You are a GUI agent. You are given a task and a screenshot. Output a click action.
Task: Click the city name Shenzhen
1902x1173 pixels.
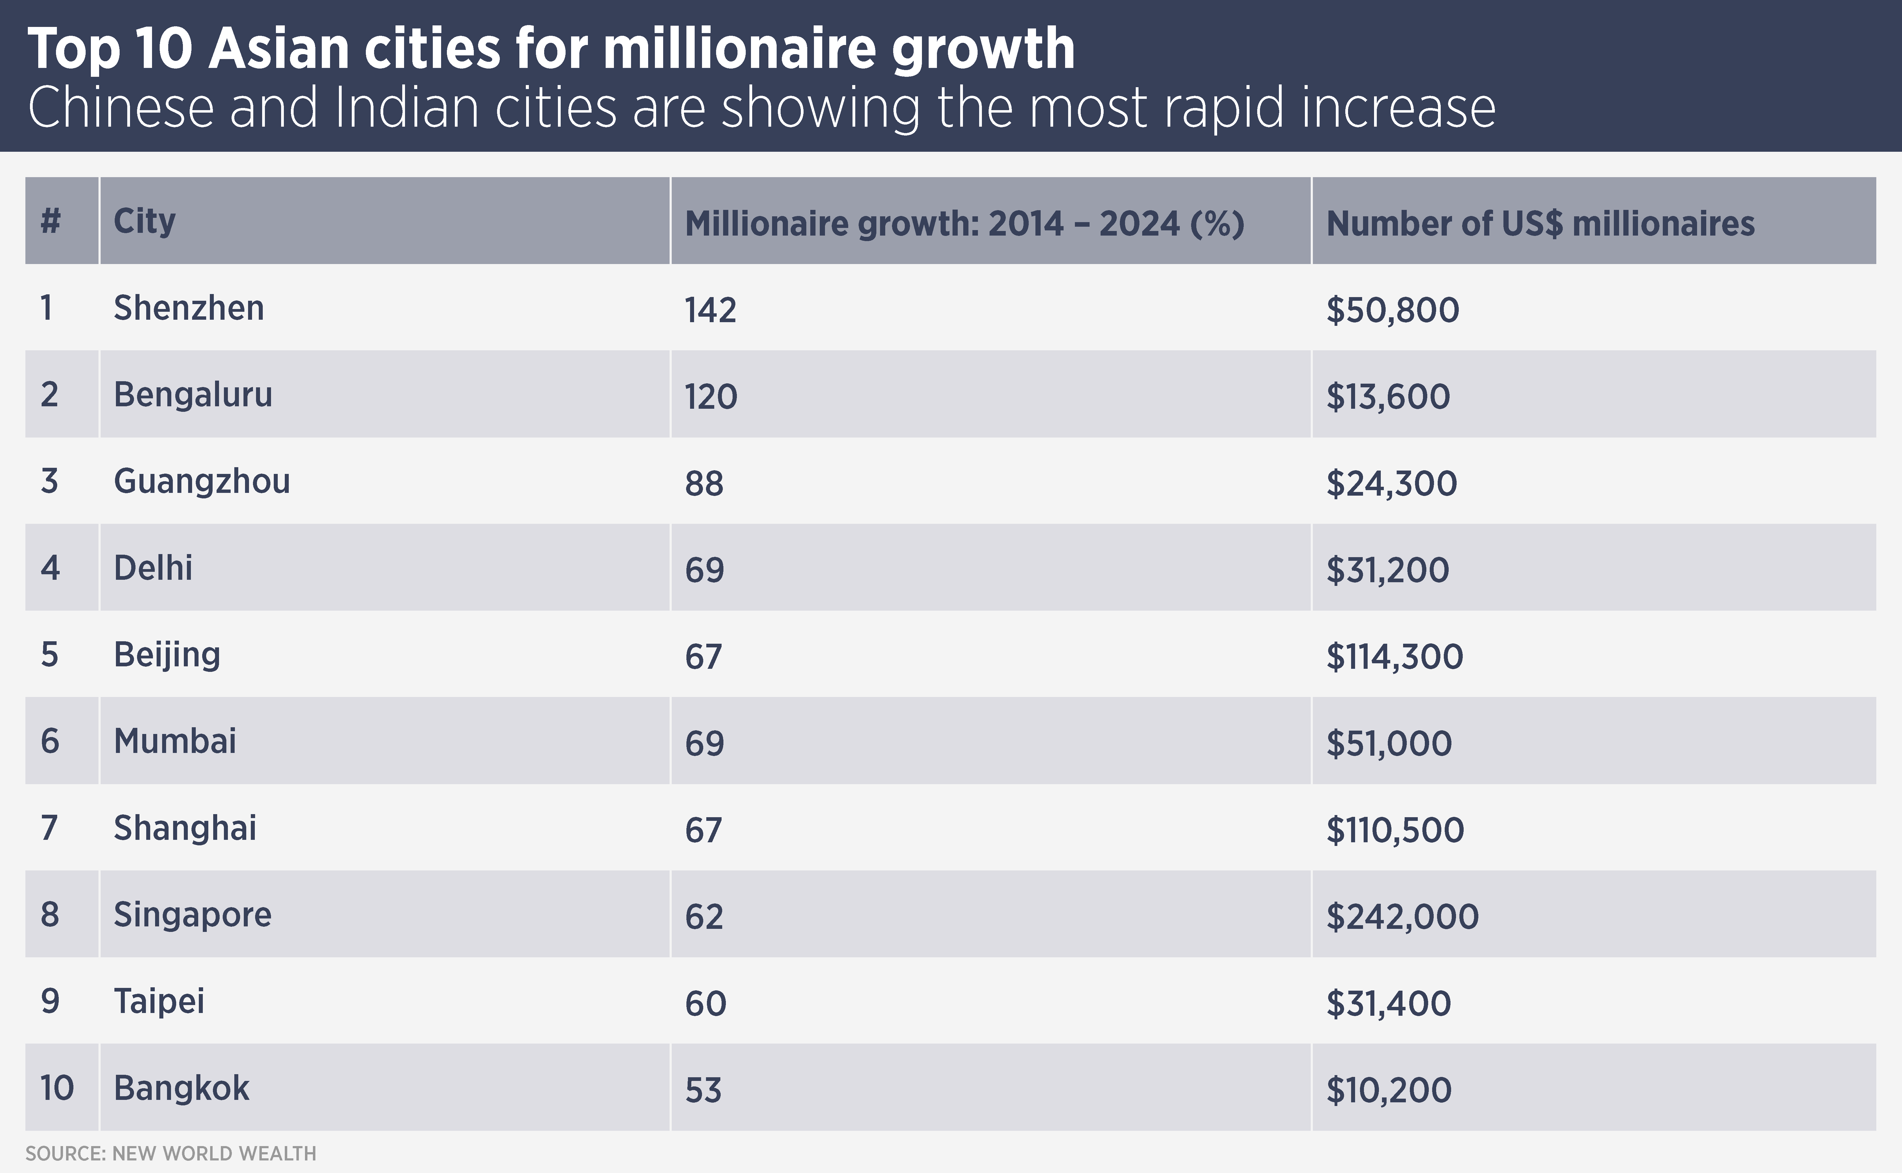pyautogui.click(x=188, y=308)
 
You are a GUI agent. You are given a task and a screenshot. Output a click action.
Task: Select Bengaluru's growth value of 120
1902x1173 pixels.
pyautogui.click(x=711, y=397)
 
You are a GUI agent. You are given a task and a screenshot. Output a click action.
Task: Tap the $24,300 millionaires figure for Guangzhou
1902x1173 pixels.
pyautogui.click(x=1391, y=483)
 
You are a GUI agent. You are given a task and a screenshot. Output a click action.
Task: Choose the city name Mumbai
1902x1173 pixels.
pyautogui.click(x=175, y=741)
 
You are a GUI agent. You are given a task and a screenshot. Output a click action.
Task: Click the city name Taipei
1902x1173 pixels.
pyautogui.click(x=159, y=1001)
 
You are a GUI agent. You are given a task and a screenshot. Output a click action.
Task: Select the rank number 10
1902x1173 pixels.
pyautogui.click(x=57, y=1088)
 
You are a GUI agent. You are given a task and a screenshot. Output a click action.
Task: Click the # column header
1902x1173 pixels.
pyautogui.click(x=50, y=222)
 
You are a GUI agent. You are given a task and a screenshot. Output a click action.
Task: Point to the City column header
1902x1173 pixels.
pyautogui.click(x=144, y=222)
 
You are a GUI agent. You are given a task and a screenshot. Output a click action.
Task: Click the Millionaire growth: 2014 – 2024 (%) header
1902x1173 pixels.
pyautogui.click(x=964, y=224)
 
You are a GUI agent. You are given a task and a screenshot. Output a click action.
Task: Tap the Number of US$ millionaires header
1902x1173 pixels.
pyautogui.click(x=1540, y=224)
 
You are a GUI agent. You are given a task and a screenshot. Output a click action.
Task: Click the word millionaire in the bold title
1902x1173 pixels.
pyautogui.click(x=740, y=49)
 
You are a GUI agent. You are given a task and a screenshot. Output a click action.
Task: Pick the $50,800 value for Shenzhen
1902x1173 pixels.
pyautogui.click(x=1392, y=310)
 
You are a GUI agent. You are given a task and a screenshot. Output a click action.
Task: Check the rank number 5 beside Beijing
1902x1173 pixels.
pyautogui.click(x=50, y=655)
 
